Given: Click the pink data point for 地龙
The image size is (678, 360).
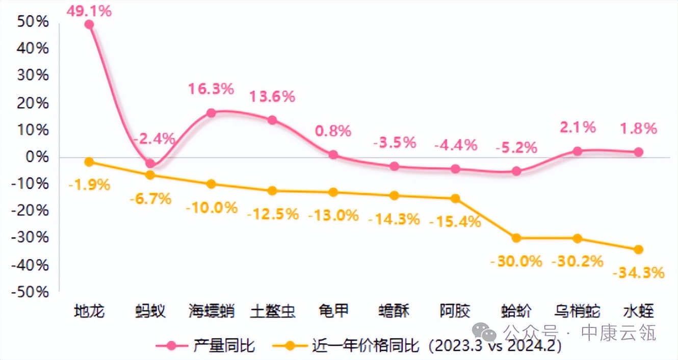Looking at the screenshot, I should click(89, 24).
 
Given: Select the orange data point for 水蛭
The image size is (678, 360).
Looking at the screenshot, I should click(638, 249).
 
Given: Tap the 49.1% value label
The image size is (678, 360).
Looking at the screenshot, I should click(90, 10).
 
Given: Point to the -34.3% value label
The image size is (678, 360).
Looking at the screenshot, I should click(638, 273).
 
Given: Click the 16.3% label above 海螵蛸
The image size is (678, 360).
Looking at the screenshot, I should click(211, 89).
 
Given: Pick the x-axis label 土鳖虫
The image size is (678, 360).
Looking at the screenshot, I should click(272, 311).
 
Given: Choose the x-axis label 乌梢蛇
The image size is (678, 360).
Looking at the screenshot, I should click(577, 311).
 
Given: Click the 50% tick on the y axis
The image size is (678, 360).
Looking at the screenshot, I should click(34, 21).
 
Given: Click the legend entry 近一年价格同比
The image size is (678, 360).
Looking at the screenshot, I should click(365, 346).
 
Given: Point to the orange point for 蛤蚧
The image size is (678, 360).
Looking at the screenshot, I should click(516, 238).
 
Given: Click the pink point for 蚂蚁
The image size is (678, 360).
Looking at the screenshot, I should click(150, 163).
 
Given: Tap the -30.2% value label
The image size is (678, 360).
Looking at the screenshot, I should click(577, 262).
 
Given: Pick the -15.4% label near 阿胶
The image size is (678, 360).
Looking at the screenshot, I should click(455, 222).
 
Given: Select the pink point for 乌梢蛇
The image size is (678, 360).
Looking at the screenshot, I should click(577, 151).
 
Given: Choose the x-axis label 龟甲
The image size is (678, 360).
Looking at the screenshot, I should click(333, 311).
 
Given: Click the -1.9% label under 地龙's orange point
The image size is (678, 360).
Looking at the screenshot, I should click(89, 185).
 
